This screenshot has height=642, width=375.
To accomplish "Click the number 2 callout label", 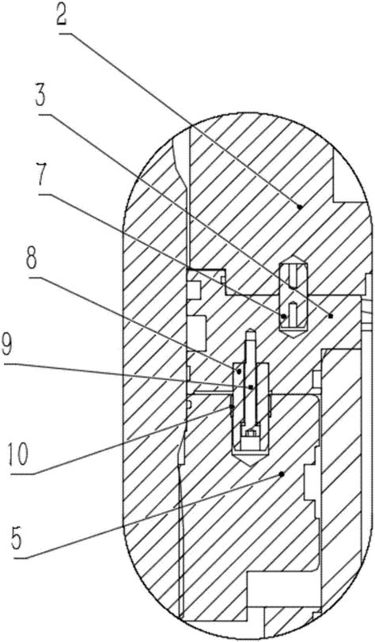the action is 66,16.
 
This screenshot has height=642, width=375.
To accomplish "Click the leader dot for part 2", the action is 300,207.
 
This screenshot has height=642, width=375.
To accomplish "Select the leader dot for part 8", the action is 239,371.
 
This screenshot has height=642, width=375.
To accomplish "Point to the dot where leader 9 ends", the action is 251,387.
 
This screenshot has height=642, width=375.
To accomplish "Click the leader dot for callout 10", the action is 232,407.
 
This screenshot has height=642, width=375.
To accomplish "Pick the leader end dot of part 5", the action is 282,474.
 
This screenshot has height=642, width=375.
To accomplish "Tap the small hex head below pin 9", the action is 251,432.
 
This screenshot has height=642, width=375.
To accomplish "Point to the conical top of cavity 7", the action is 294,259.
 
